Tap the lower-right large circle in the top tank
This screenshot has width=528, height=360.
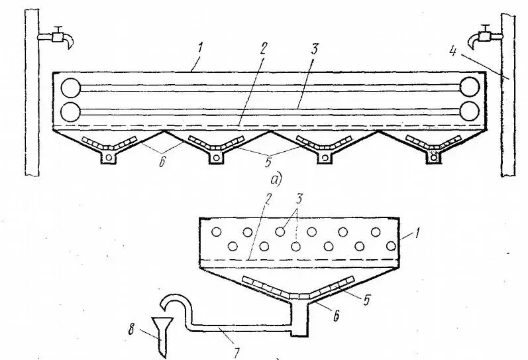tap(471, 109)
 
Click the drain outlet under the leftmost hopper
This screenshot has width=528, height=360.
tap(107, 157)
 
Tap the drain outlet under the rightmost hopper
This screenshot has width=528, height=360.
tap(433, 157)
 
